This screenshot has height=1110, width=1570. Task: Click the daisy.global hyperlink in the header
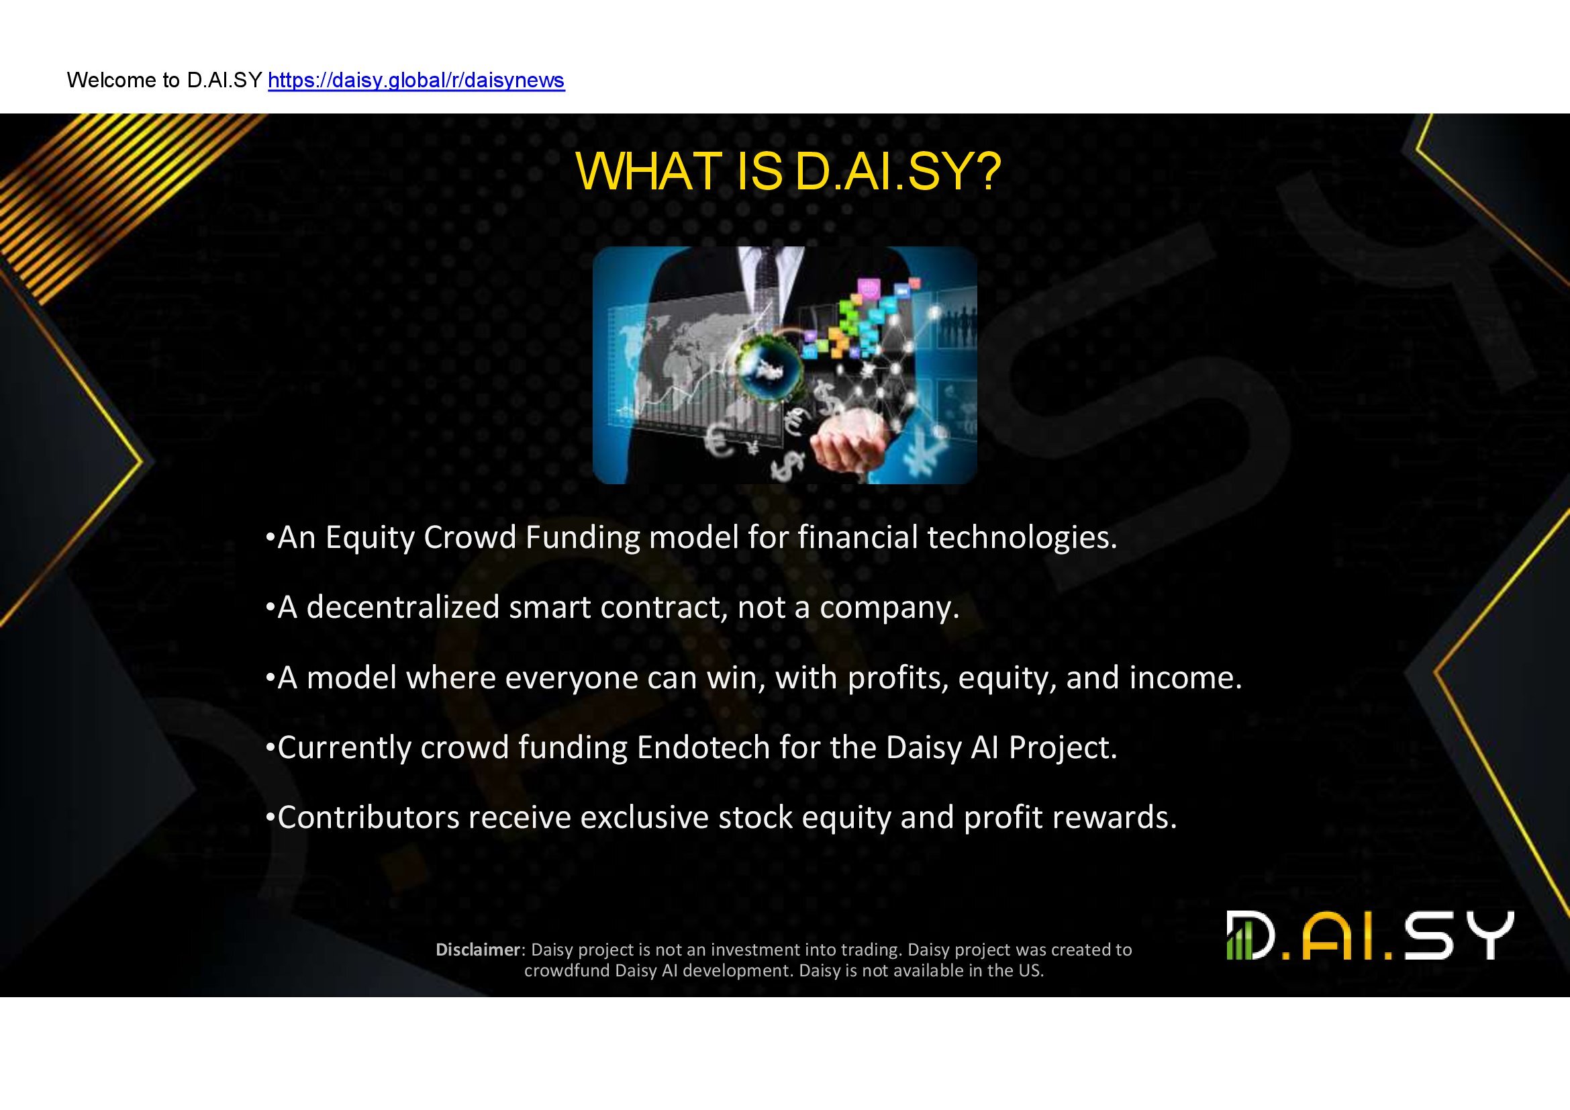point(416,81)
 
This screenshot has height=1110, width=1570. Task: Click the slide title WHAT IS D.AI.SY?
point(789,171)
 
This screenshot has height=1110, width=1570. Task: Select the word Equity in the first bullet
point(370,539)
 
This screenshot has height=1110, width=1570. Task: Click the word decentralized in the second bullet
point(403,607)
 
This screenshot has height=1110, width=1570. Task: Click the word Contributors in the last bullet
point(369,817)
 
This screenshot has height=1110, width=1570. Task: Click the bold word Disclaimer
point(478,950)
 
